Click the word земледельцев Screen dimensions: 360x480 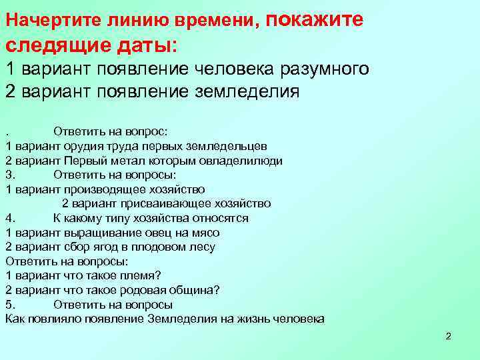(x=231, y=146)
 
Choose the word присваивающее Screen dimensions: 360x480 (x=159, y=204)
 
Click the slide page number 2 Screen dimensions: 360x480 (x=448, y=335)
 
